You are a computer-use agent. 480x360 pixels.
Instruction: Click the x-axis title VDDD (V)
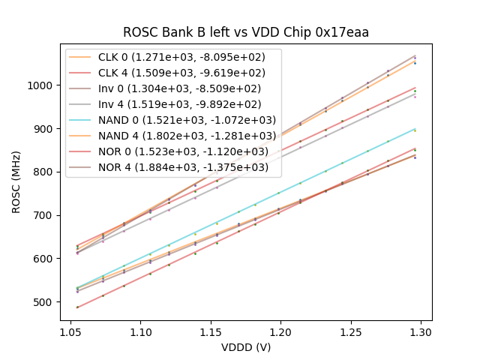point(246,347)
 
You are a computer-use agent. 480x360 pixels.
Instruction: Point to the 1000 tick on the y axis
point(42,85)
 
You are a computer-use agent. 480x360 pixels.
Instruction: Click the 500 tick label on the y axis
point(45,302)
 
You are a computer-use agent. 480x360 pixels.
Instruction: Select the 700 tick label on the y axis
point(45,215)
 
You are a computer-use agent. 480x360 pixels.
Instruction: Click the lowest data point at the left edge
point(77,307)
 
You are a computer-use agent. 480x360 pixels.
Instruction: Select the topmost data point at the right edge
point(415,56)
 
